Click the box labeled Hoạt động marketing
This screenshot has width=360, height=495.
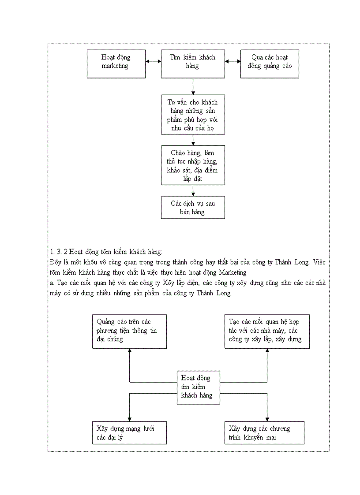coord(116,64)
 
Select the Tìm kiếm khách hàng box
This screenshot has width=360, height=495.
coord(193,64)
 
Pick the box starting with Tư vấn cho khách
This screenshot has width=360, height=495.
coord(193,114)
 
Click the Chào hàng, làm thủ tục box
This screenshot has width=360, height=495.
coord(193,165)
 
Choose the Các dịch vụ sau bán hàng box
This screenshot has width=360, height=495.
coord(193,207)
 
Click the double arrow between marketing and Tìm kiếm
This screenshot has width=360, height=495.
coord(153,62)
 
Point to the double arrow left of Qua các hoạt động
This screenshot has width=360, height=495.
coord(232,62)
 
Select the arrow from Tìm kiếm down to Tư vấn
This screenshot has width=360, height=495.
coord(193,86)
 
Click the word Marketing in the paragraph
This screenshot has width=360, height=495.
coord(232,272)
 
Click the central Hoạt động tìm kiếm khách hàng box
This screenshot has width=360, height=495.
coord(198,387)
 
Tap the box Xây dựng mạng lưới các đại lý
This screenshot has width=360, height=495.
coord(129,432)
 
